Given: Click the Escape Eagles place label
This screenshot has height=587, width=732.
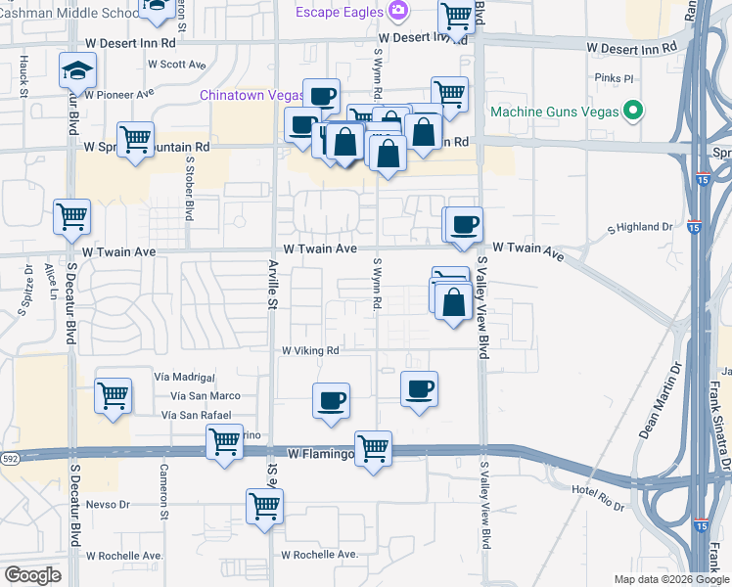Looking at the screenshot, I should click(x=340, y=12).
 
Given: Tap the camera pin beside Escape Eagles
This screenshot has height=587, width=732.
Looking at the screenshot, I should click(x=397, y=11).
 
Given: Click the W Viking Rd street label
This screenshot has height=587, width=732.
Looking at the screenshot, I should click(x=310, y=350).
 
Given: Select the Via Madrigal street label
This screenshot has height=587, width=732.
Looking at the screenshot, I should click(x=184, y=377).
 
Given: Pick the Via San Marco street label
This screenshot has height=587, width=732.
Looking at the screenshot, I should click(x=206, y=396).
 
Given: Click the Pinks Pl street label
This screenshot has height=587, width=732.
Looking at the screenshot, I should click(x=615, y=77).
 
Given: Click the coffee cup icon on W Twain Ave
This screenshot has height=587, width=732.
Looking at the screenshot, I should click(x=465, y=224).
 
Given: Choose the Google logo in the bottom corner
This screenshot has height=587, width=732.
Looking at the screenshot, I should click(x=32, y=575).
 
